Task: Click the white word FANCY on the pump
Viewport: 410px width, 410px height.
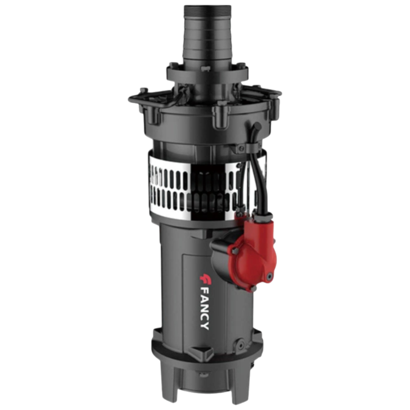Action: click(205, 310)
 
